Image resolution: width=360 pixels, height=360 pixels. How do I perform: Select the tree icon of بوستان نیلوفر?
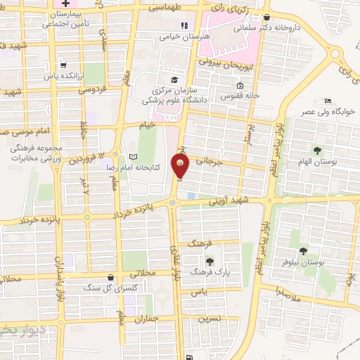pos(304,250)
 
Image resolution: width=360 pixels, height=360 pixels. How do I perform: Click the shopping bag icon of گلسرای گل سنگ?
pos(111,278)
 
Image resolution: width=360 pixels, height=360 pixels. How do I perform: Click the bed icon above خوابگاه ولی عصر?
pos(328,101)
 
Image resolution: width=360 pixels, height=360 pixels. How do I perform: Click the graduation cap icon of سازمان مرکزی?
pos(174,79)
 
